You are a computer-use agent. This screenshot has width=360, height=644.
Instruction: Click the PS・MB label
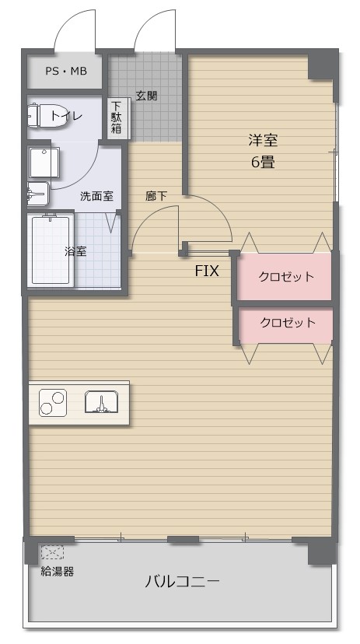point(66,71)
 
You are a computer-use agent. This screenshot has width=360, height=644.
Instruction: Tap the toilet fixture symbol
point(39,115)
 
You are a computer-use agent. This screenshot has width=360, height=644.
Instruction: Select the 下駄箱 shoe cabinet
point(116,117)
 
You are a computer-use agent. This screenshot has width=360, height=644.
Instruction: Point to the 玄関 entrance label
point(146,96)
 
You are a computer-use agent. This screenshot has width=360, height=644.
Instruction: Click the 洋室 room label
point(263,141)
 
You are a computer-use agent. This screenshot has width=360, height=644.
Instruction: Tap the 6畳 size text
point(263,163)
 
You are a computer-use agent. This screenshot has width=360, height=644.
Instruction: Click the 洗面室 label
point(96,196)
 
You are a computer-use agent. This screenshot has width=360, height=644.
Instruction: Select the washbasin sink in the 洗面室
point(38,194)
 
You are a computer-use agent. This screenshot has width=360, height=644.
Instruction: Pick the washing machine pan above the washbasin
point(44,163)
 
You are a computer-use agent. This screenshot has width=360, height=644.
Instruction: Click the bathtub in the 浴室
point(51,250)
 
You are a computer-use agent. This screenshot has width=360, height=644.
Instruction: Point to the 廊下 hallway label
point(156,196)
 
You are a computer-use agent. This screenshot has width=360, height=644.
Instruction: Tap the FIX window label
point(207,271)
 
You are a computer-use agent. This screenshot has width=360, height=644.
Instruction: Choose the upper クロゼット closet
point(285,276)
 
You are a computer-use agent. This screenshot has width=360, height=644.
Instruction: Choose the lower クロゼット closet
point(285,323)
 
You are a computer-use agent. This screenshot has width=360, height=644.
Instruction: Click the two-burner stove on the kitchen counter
point(53,402)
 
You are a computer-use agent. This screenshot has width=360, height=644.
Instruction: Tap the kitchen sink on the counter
point(102,402)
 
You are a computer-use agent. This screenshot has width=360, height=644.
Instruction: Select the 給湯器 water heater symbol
point(52,552)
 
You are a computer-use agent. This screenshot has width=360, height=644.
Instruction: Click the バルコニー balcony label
point(183,582)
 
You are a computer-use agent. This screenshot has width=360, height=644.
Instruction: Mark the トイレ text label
point(66,116)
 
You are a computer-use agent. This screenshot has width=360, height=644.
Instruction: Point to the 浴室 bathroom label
point(75,251)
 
